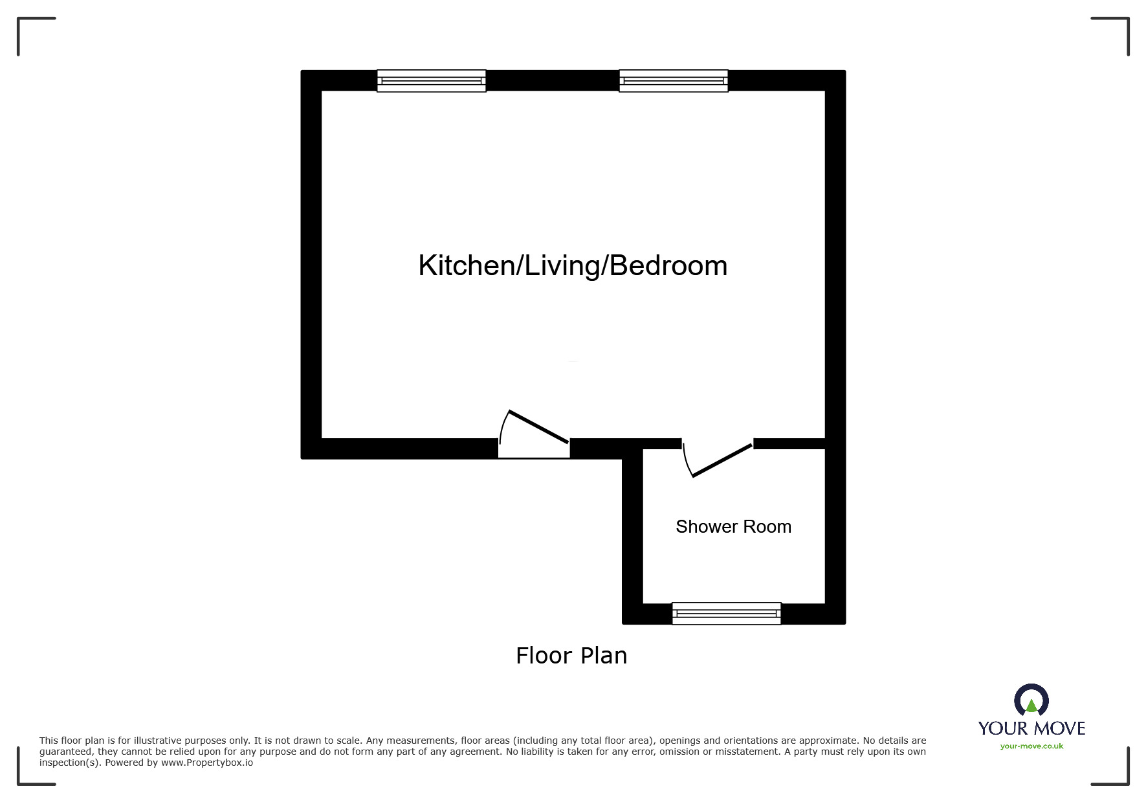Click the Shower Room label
733,527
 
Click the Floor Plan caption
571,656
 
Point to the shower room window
726,613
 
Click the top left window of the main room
431,81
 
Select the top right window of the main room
673,81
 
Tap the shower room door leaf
723,461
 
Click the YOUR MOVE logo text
1031,729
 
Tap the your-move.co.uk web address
1031,746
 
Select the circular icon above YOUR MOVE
1031,700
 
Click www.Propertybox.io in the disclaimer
207,763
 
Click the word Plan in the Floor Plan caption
603,656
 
